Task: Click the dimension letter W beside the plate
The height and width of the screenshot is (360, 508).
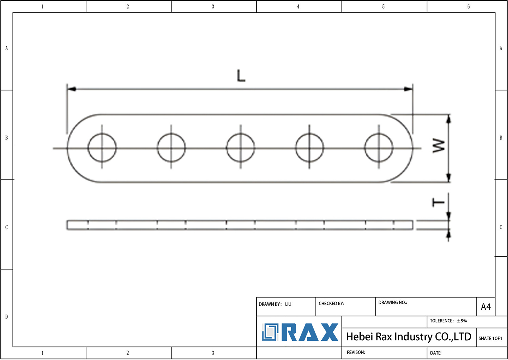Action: (x=439, y=145)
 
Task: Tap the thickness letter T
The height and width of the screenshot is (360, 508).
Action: (x=438, y=203)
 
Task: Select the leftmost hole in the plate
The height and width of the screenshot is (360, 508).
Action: (x=102, y=148)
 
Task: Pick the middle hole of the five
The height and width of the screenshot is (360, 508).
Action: (x=240, y=148)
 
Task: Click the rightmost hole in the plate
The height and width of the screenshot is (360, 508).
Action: (x=379, y=148)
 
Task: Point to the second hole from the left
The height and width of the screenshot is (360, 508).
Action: (x=171, y=148)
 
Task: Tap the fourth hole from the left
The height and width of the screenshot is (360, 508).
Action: (x=309, y=148)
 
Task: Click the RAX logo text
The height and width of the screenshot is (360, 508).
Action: (x=310, y=332)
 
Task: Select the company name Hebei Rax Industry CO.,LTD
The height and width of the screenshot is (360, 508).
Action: (x=408, y=337)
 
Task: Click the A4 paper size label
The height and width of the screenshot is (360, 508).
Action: (x=486, y=307)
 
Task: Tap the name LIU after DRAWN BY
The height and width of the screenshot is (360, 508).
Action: (x=288, y=304)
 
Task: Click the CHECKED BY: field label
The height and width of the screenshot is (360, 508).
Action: (x=331, y=303)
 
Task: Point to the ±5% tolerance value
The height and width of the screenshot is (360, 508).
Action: (x=462, y=321)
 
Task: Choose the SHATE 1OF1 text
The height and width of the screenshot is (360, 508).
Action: (x=490, y=338)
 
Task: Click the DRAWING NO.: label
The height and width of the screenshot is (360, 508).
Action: (x=393, y=302)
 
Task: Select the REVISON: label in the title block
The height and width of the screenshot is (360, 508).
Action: (x=356, y=352)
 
